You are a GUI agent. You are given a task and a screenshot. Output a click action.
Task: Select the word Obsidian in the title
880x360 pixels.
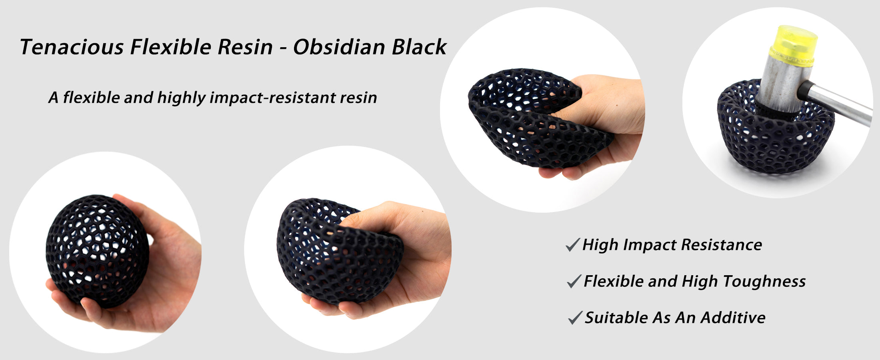click(339, 47)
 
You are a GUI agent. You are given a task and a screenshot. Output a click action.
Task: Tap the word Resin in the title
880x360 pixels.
click(245, 47)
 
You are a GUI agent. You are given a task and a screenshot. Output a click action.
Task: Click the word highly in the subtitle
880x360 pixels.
click(181, 98)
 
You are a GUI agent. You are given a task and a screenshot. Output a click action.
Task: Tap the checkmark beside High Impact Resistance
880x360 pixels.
click(573, 244)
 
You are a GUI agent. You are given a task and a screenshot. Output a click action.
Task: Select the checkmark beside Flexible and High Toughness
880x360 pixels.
click(574, 281)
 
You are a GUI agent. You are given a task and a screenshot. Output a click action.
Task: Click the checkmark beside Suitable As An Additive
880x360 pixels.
click(575, 318)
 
